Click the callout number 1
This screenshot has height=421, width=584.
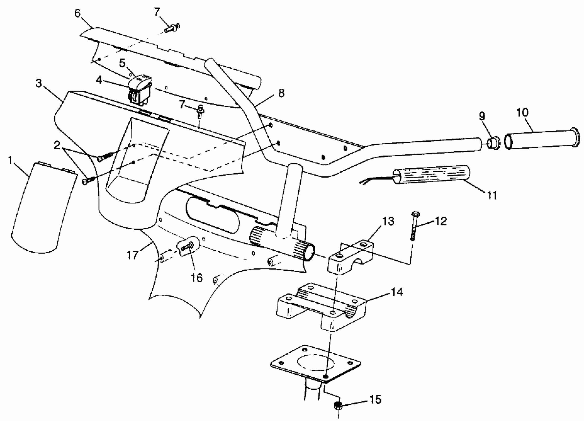(x=10, y=160)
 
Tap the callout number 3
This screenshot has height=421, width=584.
(x=38, y=83)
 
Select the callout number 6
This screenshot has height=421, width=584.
(x=77, y=13)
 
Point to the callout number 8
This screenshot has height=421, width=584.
(x=281, y=93)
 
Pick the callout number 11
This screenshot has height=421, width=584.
(x=492, y=195)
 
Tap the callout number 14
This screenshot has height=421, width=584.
(x=397, y=292)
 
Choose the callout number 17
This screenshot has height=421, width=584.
(x=132, y=255)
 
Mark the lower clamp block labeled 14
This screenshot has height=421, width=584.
(x=322, y=307)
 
